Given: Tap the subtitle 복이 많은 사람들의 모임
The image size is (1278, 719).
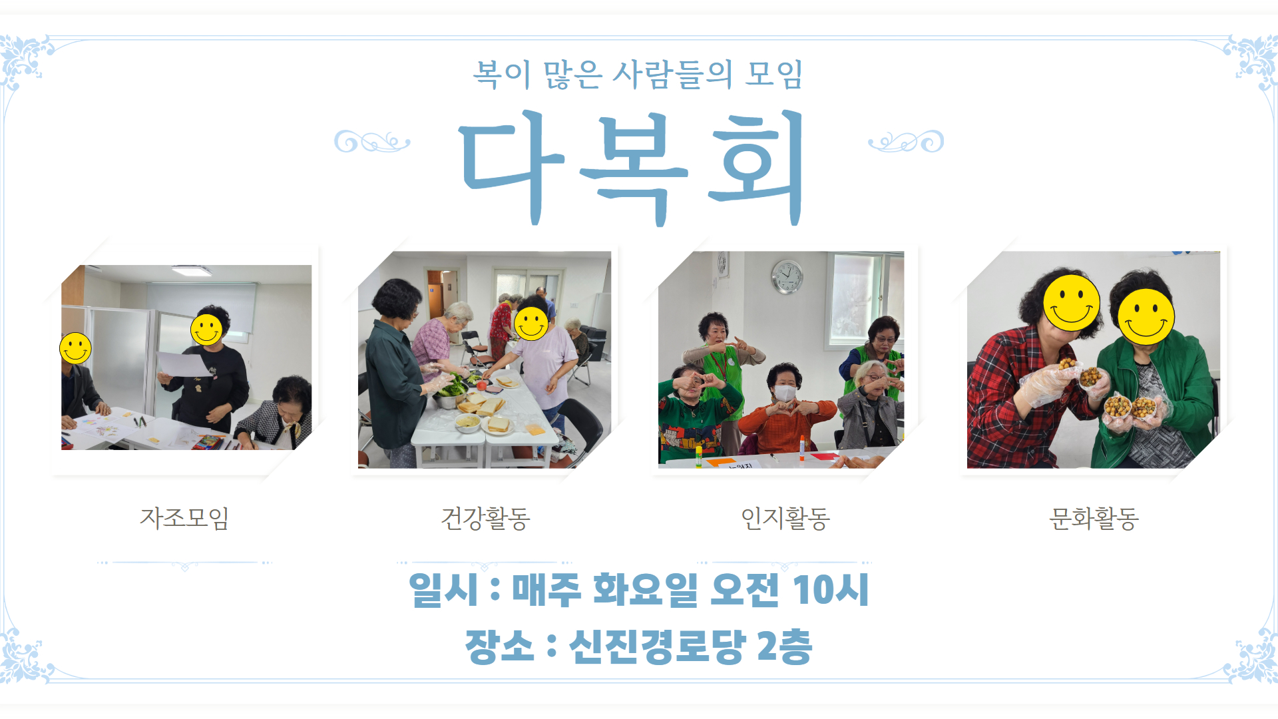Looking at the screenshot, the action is (x=638, y=74).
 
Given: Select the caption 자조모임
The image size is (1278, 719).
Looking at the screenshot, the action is (x=184, y=517).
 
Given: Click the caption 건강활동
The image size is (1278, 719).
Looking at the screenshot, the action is (x=485, y=518).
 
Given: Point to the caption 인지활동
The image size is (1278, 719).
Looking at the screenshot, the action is (x=785, y=518).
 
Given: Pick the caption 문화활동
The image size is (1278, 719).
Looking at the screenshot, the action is (x=1094, y=518).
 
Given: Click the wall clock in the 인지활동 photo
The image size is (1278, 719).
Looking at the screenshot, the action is (x=787, y=276).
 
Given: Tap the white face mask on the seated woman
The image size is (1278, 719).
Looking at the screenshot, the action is (x=785, y=393).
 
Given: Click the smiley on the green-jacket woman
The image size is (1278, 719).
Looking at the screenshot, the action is (x=1146, y=316).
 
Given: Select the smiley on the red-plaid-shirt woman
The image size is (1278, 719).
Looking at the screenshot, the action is (x=1072, y=303).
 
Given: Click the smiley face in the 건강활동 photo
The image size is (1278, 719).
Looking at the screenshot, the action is (x=531, y=324).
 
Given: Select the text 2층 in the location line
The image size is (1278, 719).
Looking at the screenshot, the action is (x=785, y=646).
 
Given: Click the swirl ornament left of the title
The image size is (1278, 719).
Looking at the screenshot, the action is (x=372, y=141).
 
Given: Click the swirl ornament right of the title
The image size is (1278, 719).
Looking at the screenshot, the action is (x=906, y=141).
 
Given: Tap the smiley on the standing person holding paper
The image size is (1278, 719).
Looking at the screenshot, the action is (x=206, y=330).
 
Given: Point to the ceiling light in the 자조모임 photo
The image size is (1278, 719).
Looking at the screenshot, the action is (x=192, y=270).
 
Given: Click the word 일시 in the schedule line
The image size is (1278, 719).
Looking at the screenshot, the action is (x=443, y=589).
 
